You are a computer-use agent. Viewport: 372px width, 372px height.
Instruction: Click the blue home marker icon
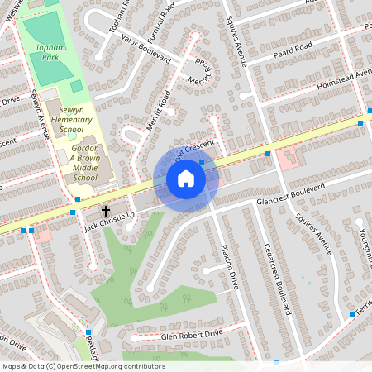tap(186, 179)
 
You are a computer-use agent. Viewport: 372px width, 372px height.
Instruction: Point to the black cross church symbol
tap(105, 212)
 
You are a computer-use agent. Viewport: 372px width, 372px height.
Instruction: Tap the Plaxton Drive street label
tap(229, 266)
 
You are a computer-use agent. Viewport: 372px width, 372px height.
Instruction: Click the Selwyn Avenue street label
tap(39, 112)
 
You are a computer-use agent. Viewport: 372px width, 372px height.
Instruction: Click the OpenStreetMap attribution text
tap(83, 366)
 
